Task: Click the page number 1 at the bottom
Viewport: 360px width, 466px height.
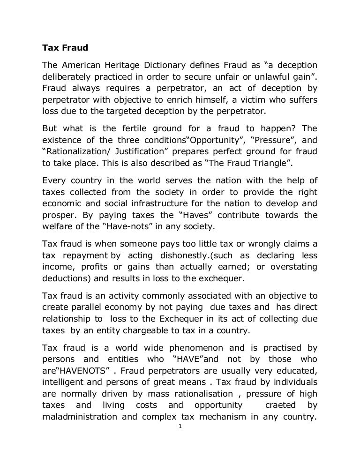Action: coord(180,428)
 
